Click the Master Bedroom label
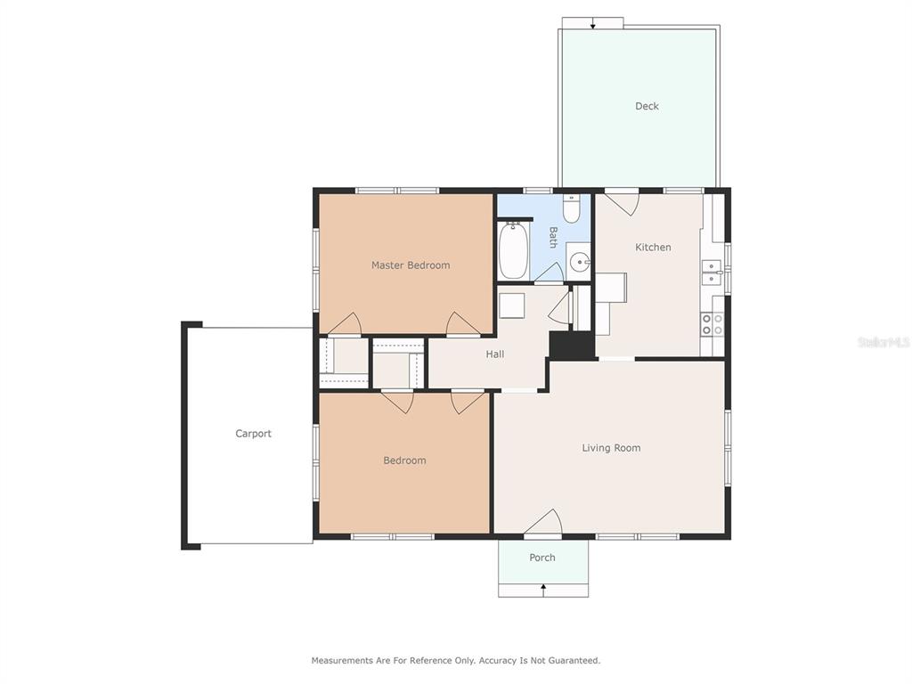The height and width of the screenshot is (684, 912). tap(411, 265)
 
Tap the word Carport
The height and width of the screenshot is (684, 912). tap(253, 434)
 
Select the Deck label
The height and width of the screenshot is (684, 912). tap(647, 106)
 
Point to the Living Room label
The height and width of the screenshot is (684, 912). tap(611, 448)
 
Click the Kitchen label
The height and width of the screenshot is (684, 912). tap(653, 248)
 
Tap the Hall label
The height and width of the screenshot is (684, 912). tap(495, 354)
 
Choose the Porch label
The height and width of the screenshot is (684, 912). tap(542, 558)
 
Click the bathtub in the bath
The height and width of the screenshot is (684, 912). tap(514, 250)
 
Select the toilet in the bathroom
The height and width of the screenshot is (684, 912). tap(571, 208)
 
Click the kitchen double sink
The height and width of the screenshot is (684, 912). tap(712, 273)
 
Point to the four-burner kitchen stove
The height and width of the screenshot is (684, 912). tap(712, 324)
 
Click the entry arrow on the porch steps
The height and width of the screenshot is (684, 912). tap(543, 590)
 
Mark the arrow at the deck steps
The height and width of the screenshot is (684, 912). tap(592, 23)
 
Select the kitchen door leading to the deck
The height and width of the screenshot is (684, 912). tap(623, 203)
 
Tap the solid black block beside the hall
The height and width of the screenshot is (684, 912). tap(572, 345)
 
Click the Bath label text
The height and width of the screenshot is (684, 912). tap(553, 237)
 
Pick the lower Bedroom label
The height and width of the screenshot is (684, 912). tap(404, 460)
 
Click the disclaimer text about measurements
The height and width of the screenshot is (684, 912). tap(455, 660)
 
